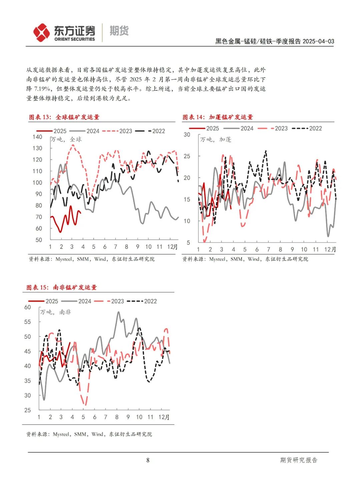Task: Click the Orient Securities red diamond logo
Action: coord(41,33)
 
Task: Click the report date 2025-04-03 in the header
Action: coord(318,41)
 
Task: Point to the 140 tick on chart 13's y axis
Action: coord(37,137)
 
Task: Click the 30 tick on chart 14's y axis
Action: coord(187,135)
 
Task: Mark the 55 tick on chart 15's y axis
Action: coord(28,322)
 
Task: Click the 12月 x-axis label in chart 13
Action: coord(172,247)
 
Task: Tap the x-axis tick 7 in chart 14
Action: coord(269,249)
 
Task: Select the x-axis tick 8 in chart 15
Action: coord(117,417)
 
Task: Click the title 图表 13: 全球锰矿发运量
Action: coord(64,117)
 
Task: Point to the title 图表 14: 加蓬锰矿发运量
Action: coord(218,117)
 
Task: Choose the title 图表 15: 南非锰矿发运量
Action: coord(62,287)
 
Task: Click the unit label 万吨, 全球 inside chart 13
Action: coord(66,140)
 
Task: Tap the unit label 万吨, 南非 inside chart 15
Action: coord(55,312)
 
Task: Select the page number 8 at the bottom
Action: coord(148,460)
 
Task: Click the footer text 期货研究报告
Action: coord(299,460)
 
